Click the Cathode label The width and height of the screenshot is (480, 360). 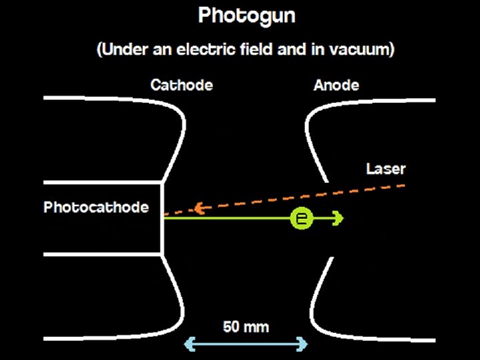pyautogui.click(x=181, y=85)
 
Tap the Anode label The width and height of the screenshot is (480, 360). pyautogui.click(x=336, y=85)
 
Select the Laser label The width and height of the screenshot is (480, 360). pyautogui.click(x=385, y=169)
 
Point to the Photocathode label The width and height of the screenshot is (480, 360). pyautogui.click(x=96, y=207)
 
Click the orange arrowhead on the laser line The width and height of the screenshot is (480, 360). pyautogui.click(x=199, y=209)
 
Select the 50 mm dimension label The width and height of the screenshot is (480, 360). pyautogui.click(x=245, y=327)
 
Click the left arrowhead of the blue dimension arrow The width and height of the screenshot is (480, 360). pyautogui.click(x=188, y=344)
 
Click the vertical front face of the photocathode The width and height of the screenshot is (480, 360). pyautogui.click(x=162, y=217)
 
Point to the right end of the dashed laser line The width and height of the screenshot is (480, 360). pyautogui.click(x=403, y=185)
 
